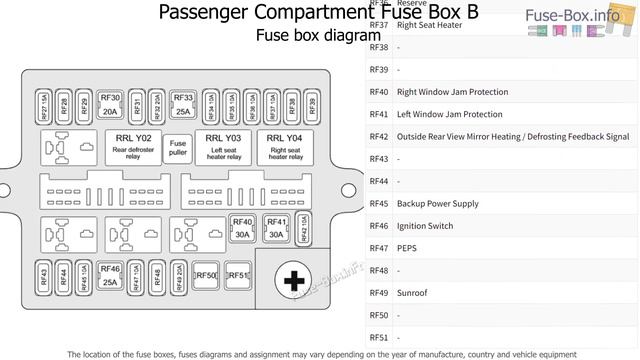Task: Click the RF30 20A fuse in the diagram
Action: tap(110, 104)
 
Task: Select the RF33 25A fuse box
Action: tap(183, 104)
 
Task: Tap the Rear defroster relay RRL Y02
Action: tap(133, 147)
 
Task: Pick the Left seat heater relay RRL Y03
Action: tap(223, 147)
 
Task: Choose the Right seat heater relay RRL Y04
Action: tap(286, 147)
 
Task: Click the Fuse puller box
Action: tap(178, 147)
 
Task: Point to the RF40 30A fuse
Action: tap(242, 228)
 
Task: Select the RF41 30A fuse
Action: tap(277, 228)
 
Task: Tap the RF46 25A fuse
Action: tap(110, 275)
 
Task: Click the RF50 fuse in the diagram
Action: tap(206, 275)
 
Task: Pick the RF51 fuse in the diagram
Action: tap(238, 275)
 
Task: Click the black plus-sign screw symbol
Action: tap(293, 282)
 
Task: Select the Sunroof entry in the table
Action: tap(412, 293)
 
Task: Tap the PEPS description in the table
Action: tap(407, 248)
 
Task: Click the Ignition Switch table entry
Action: tap(425, 226)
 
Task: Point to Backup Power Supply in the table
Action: tap(437, 204)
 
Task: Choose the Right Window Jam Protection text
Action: tap(452, 92)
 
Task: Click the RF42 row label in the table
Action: tap(378, 137)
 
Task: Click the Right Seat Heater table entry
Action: tap(429, 25)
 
